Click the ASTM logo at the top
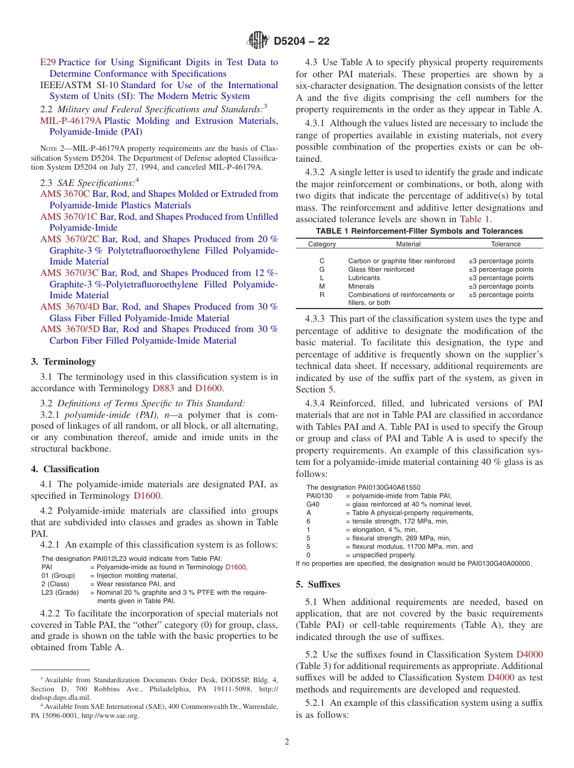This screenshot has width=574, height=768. pos(259,41)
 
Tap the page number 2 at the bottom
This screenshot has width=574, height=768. pos(287,742)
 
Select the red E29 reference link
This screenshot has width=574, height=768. pos(48,62)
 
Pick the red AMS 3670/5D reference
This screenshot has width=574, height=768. pos(69,329)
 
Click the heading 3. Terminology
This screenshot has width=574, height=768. pos(63,362)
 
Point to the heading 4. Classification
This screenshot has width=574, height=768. pos(65,469)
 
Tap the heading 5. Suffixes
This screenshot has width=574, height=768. pos(318,584)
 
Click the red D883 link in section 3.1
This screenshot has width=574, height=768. pos(163,388)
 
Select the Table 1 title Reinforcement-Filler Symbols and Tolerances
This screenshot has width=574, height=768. pos(419,231)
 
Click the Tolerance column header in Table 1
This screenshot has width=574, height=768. pos(505,244)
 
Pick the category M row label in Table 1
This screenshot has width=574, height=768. pos(322,286)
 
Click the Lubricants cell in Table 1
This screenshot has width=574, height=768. pos(364,278)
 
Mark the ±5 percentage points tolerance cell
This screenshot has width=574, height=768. pos(501,295)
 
